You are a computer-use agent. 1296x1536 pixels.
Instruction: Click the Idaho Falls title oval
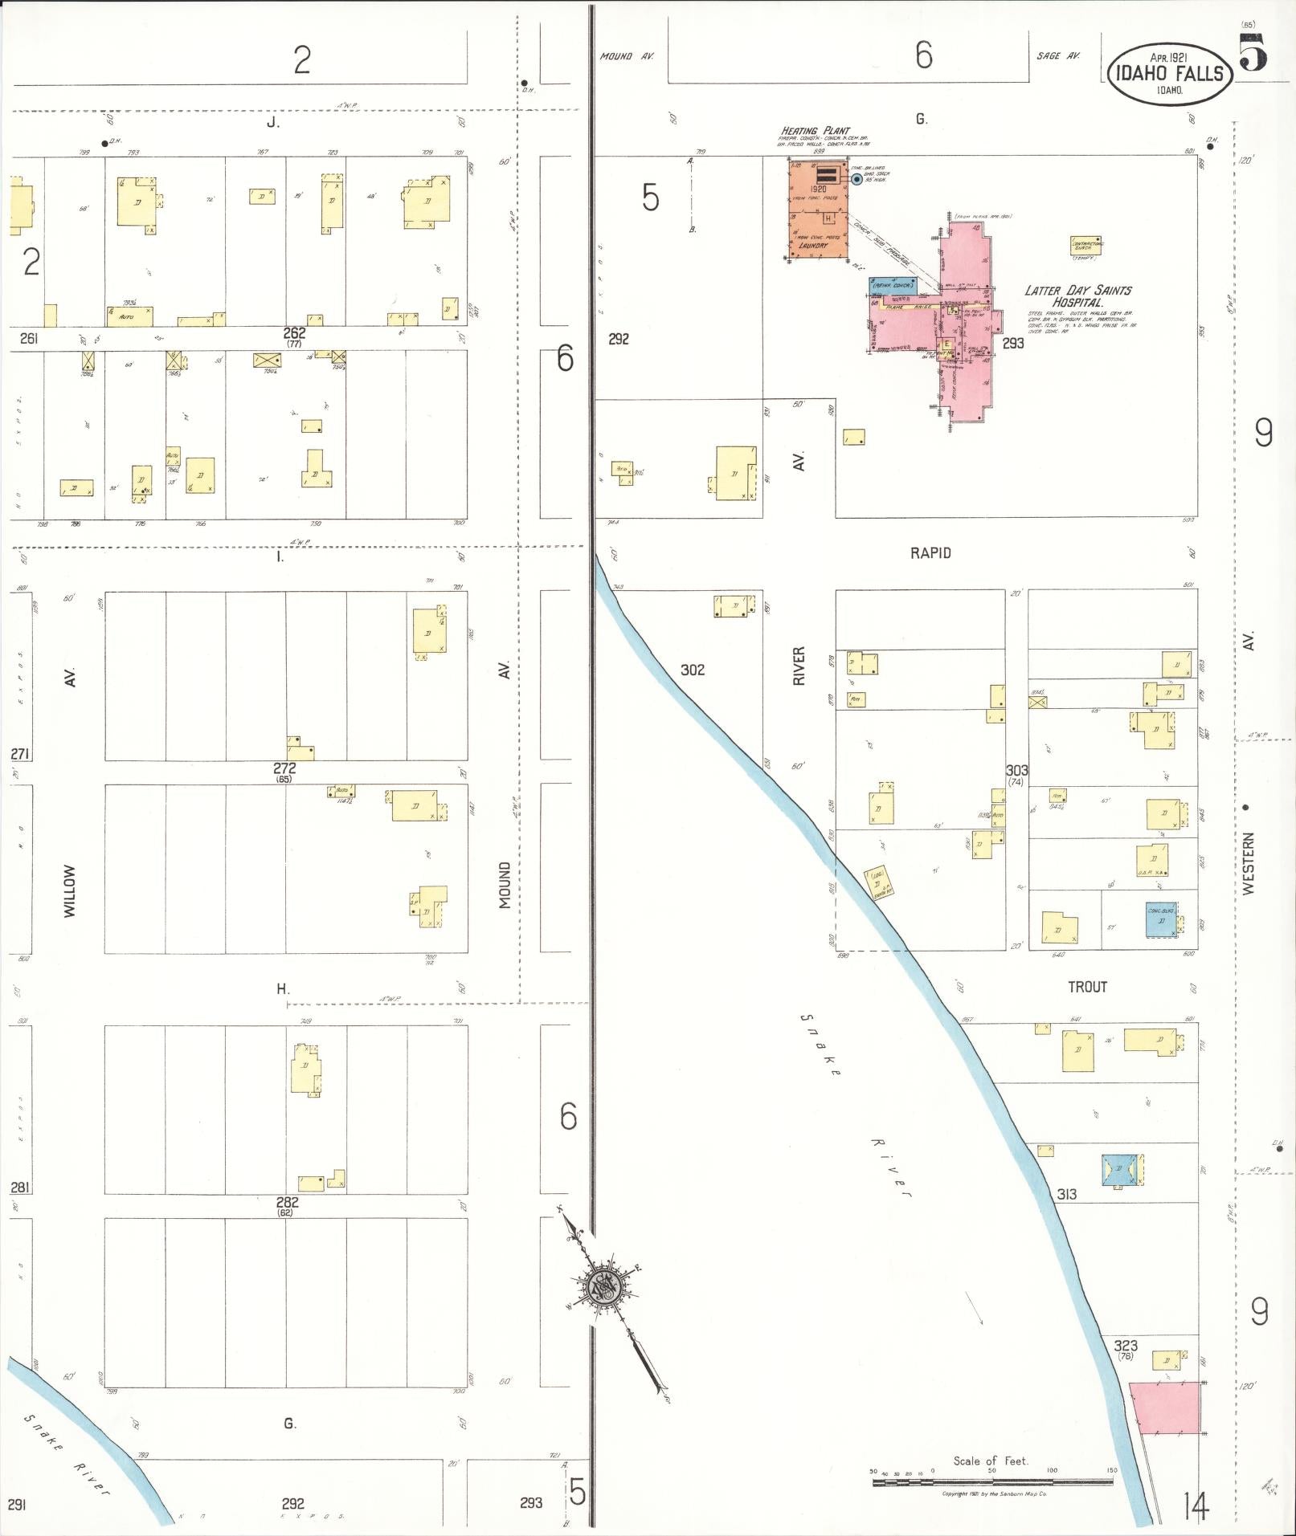(1168, 73)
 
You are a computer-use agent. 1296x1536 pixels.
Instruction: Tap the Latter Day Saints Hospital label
(1077, 296)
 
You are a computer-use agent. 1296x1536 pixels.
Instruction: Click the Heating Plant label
(809, 131)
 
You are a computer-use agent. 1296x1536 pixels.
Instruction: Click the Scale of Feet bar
(993, 1482)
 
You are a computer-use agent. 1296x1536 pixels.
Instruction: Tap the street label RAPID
(930, 553)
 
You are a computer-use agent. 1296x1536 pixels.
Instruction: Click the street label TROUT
(1087, 987)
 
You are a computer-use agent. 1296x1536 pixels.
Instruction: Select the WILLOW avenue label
(70, 891)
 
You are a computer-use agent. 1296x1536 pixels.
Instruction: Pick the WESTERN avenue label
(1248, 864)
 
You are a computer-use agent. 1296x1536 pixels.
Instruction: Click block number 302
(692, 670)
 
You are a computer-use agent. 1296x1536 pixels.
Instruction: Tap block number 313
(1066, 1195)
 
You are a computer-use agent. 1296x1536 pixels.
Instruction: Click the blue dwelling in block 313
(1122, 1171)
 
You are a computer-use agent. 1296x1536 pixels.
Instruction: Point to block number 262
(294, 332)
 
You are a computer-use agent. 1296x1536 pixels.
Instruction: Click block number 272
(284, 768)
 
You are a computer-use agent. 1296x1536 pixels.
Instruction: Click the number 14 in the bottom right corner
(1195, 1506)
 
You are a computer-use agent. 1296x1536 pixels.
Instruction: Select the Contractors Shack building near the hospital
(1085, 246)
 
